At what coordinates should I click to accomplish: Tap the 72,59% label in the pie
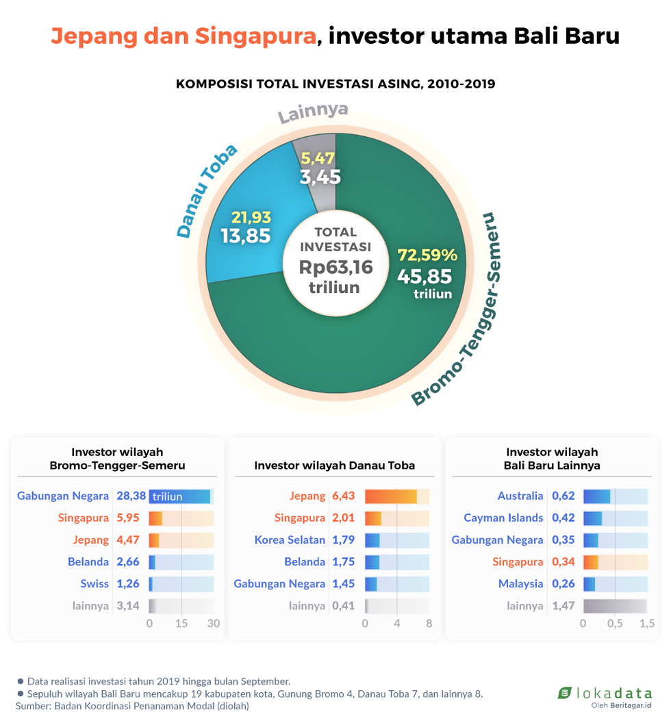[427, 255]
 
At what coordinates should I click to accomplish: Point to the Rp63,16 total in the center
[335, 267]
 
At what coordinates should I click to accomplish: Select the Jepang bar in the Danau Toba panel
[390, 496]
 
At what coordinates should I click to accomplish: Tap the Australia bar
[596, 496]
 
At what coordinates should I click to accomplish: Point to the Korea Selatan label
[290, 540]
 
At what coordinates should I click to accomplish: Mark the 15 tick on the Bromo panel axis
[181, 624]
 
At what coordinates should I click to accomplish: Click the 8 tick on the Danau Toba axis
[429, 624]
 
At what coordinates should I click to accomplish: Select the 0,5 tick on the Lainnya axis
[615, 624]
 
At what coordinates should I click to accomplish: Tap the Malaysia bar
[590, 584]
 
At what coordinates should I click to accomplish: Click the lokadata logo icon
[564, 693]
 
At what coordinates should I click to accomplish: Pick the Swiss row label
[94, 584]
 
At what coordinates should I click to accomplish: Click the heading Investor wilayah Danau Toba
[334, 466]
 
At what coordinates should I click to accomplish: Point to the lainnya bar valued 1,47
[615, 606]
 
